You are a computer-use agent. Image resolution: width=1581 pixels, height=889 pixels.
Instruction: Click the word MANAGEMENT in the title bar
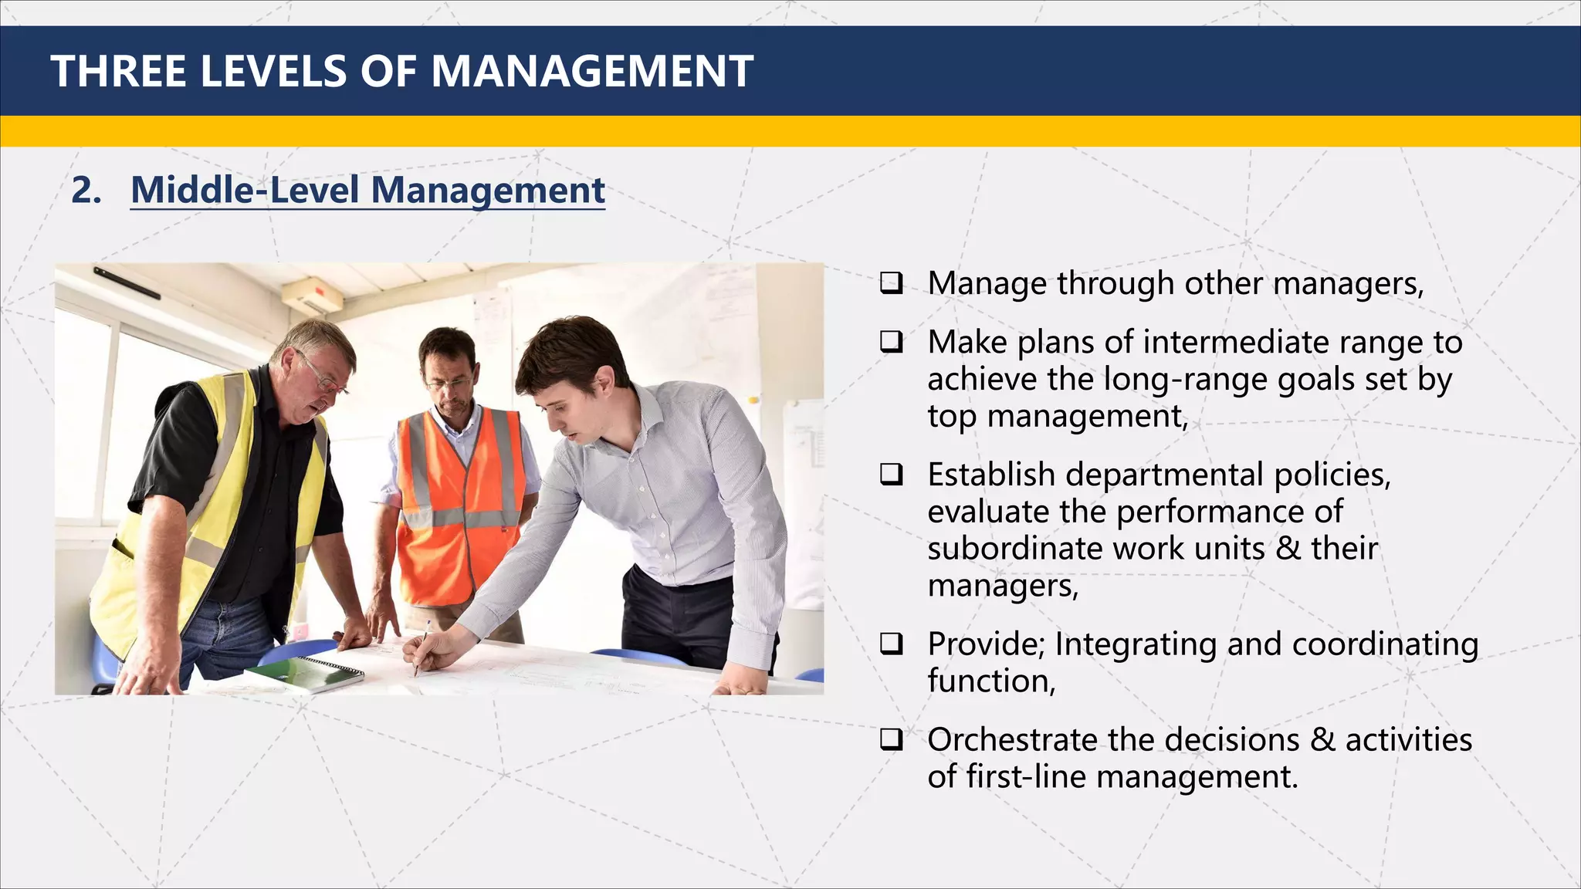point(591,72)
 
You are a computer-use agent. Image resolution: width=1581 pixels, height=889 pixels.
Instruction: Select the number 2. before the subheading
point(86,190)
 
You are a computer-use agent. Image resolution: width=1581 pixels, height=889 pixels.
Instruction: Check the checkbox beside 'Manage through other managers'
point(892,282)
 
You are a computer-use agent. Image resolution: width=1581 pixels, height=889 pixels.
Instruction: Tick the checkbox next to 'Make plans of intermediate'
point(892,341)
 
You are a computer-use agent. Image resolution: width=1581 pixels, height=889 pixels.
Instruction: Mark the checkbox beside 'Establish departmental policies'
point(892,474)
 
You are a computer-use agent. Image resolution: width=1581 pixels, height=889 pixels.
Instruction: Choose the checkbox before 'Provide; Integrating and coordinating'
point(892,643)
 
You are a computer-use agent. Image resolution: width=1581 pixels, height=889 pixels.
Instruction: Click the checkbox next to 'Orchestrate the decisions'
point(892,739)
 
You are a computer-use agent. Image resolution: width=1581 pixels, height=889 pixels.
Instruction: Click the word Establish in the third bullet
point(991,475)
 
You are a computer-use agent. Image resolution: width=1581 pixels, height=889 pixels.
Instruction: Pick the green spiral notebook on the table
point(305,674)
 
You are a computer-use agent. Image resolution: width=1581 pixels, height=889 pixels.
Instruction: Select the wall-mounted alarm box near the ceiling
point(313,294)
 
